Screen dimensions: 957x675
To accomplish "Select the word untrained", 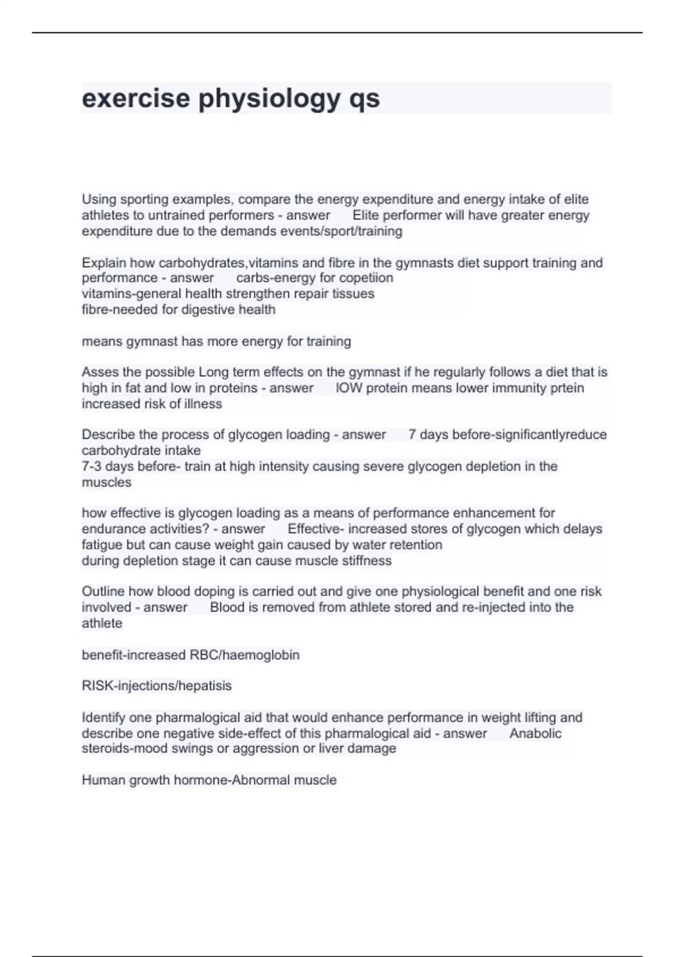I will click(x=176, y=215).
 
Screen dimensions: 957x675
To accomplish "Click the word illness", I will click(x=202, y=404).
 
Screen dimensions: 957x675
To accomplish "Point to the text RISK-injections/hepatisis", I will click(x=156, y=686).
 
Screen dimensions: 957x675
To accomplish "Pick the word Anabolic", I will click(x=535, y=733).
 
